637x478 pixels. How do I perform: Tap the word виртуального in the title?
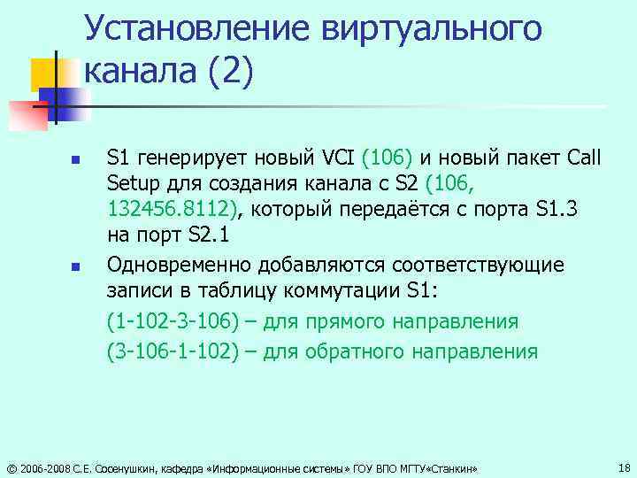pyautogui.click(x=433, y=28)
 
